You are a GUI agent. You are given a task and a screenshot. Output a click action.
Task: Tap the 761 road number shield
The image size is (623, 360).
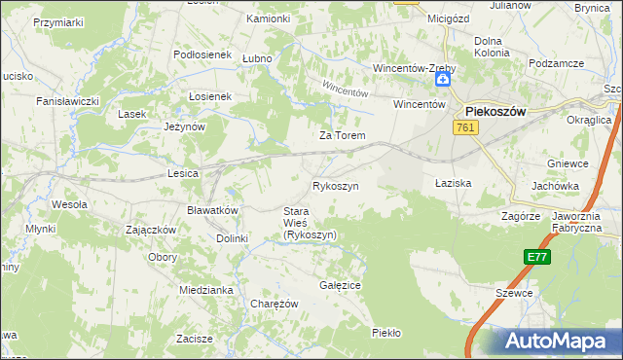click(x=464, y=126)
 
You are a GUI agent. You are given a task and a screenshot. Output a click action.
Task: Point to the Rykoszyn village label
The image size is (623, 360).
click(x=336, y=185)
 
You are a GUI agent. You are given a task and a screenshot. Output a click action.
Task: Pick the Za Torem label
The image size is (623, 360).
click(x=343, y=135)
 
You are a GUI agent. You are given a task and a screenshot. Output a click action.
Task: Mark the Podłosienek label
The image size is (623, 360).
click(x=202, y=55)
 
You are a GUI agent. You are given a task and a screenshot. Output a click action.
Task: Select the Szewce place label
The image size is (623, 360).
click(x=513, y=292)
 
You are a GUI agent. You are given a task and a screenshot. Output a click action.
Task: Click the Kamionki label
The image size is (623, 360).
click(x=268, y=18)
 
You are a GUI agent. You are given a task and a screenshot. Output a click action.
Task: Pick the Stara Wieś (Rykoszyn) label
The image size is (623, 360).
click(x=310, y=223)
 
